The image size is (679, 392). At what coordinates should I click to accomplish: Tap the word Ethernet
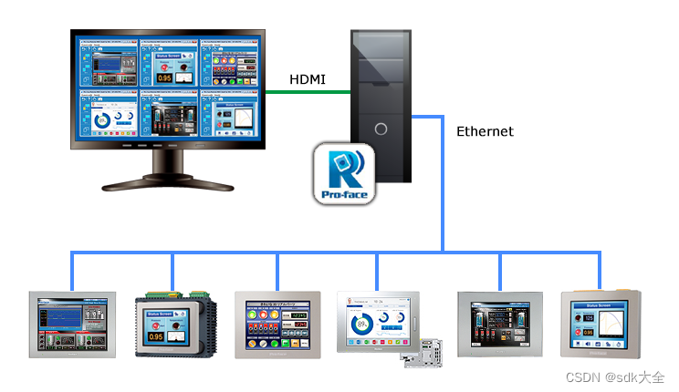[485, 131]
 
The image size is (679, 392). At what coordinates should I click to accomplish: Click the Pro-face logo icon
[344, 174]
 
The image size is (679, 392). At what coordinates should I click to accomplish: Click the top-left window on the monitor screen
[107, 62]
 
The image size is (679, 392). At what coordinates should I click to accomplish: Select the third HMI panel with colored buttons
[277, 323]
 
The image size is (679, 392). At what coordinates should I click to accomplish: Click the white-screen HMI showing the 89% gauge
[375, 322]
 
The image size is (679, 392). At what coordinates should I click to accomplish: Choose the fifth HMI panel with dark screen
[499, 323]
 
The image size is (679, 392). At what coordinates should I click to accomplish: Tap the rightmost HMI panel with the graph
[601, 323]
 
